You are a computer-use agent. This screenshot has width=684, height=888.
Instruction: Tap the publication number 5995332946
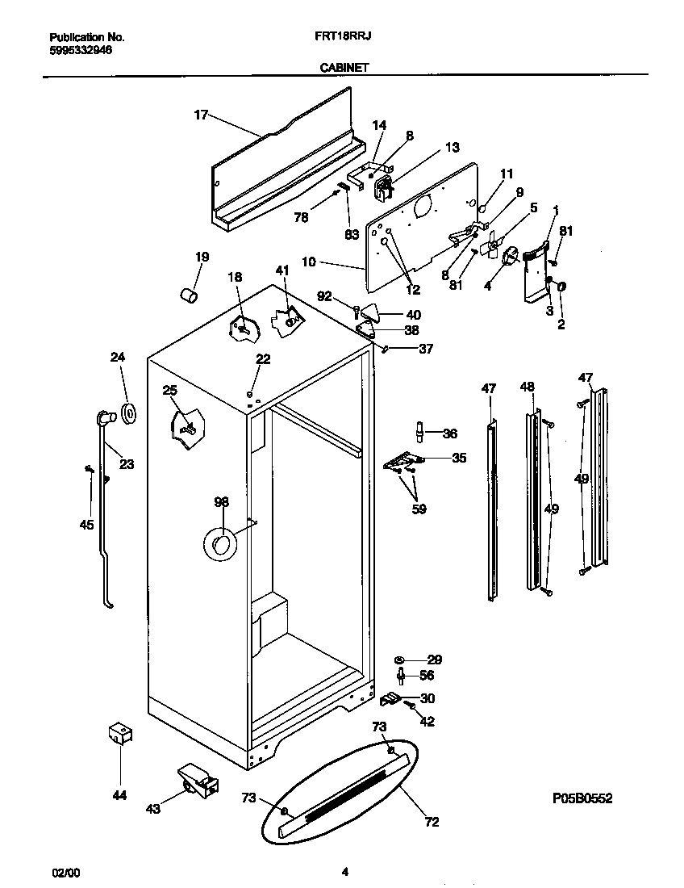pyautogui.click(x=81, y=49)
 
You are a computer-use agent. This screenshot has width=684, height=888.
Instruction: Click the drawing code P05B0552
pyautogui.click(x=582, y=798)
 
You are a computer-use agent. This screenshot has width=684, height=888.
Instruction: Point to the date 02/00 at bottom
pyautogui.click(x=66, y=873)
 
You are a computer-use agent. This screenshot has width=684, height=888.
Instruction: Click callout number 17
pyautogui.click(x=201, y=115)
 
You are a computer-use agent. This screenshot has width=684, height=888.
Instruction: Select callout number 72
pyautogui.click(x=432, y=822)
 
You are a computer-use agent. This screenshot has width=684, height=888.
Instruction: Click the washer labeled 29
pyautogui.click(x=399, y=660)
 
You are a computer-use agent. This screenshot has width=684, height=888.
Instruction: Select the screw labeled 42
pyautogui.click(x=410, y=707)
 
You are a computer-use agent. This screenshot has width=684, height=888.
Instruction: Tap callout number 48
pyautogui.click(x=527, y=387)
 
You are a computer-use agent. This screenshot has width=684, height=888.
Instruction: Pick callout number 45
pyautogui.click(x=86, y=525)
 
